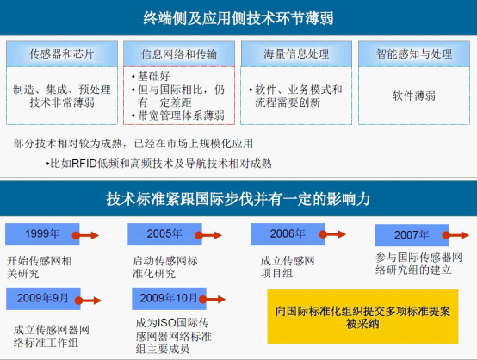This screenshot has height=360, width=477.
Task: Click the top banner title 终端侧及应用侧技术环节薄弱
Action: tap(238, 18)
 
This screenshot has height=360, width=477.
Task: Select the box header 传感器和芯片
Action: tap(62, 54)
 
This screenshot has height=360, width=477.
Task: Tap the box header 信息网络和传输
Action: tap(179, 54)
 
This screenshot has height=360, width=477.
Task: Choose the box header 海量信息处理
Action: tap(296, 54)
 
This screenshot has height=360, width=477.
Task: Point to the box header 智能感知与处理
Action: tap(414, 54)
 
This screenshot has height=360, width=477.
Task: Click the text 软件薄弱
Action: tap(414, 96)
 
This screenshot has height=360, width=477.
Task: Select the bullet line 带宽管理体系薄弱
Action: tap(178, 115)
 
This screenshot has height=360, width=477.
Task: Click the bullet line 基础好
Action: tap(151, 76)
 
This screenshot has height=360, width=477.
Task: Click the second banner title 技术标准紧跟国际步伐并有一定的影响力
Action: tap(238, 199)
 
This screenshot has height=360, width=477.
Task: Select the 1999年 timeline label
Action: tap(42, 233)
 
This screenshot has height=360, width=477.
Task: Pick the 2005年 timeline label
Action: tap(164, 233)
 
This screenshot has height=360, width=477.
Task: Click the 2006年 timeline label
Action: tap(288, 233)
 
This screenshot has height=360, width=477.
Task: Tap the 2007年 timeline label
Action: tap(412, 235)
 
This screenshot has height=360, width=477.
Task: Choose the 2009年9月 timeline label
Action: tap(43, 298)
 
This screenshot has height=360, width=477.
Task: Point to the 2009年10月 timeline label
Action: tap(169, 298)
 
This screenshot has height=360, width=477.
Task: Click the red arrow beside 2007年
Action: tap(455, 235)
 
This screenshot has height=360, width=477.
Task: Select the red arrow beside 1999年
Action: tap(85, 235)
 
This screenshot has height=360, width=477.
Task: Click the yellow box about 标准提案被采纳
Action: tap(362, 316)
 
